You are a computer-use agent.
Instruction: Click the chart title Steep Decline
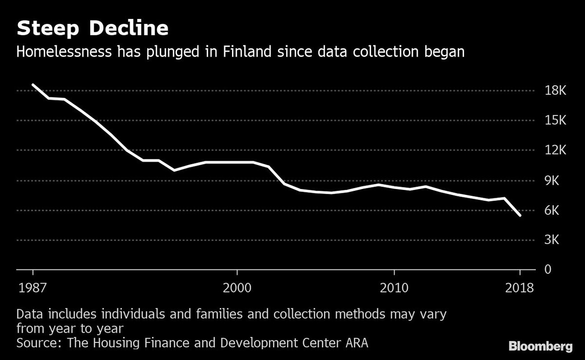(x=93, y=29)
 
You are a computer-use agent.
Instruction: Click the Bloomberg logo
(x=541, y=346)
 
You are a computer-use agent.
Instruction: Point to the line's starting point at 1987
(x=33, y=85)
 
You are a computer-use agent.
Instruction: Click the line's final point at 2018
(x=520, y=215)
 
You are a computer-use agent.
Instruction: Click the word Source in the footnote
(x=37, y=342)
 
